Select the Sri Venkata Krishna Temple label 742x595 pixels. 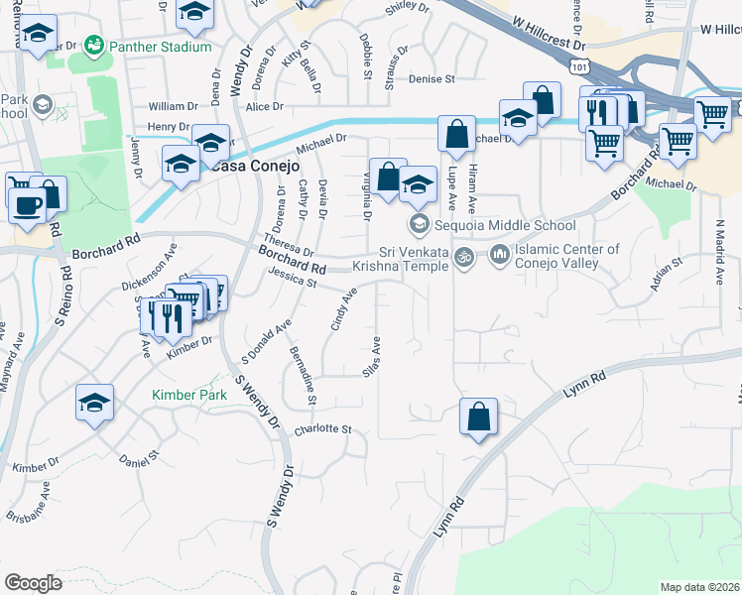[x=415, y=260]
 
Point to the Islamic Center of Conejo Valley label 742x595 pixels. [x=567, y=256]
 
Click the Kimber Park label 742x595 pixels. [x=188, y=395]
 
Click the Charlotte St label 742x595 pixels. [x=323, y=429]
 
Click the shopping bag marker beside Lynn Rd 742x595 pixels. [x=478, y=417]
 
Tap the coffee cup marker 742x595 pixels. [x=27, y=206]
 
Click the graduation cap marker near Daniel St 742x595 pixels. [x=95, y=404]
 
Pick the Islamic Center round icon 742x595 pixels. [x=498, y=256]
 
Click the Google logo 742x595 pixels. [x=34, y=583]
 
